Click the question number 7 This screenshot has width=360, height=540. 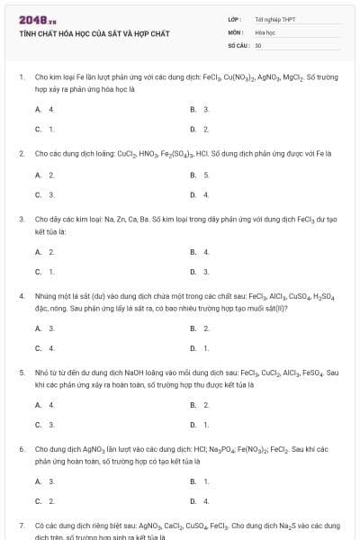[x=21, y=524]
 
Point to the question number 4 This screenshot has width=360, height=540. [x=21, y=295]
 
